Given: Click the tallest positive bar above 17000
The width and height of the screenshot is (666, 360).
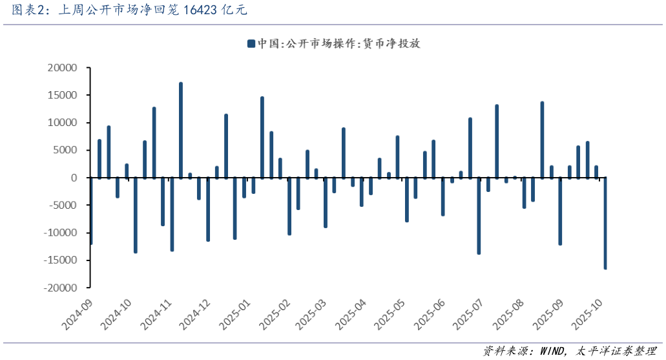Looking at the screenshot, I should pos(181,129).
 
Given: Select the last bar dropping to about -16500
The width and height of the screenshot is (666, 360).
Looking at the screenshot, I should pos(605,223).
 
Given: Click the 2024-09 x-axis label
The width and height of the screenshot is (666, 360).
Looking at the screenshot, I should pos(78,313).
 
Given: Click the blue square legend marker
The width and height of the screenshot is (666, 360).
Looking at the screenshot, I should pos(251,44).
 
